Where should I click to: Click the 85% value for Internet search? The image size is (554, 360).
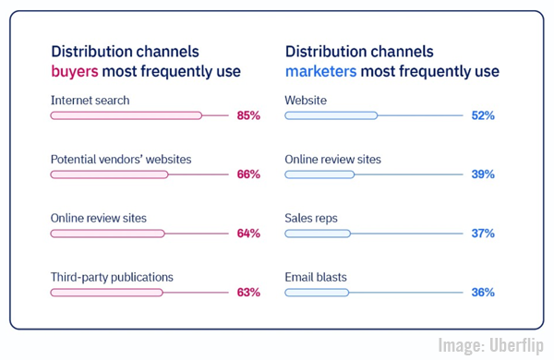(x=248, y=115)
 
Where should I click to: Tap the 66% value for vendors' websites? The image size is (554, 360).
(x=248, y=174)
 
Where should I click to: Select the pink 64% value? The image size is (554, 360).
(x=248, y=234)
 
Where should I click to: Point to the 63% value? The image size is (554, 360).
(x=248, y=293)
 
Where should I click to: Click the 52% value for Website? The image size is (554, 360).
(x=484, y=115)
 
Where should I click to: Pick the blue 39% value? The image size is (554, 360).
(x=484, y=174)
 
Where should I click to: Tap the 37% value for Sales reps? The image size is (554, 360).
(x=484, y=234)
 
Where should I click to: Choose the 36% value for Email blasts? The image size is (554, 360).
(x=484, y=293)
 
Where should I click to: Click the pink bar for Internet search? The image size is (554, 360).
(x=126, y=115)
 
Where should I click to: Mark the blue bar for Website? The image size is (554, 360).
(x=331, y=115)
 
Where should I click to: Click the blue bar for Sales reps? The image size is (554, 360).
(x=319, y=234)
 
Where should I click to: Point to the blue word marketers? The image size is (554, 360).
(x=319, y=71)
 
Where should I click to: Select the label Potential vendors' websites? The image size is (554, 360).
(x=121, y=159)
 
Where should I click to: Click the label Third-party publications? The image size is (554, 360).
(x=112, y=277)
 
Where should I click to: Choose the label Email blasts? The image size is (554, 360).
(x=318, y=277)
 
